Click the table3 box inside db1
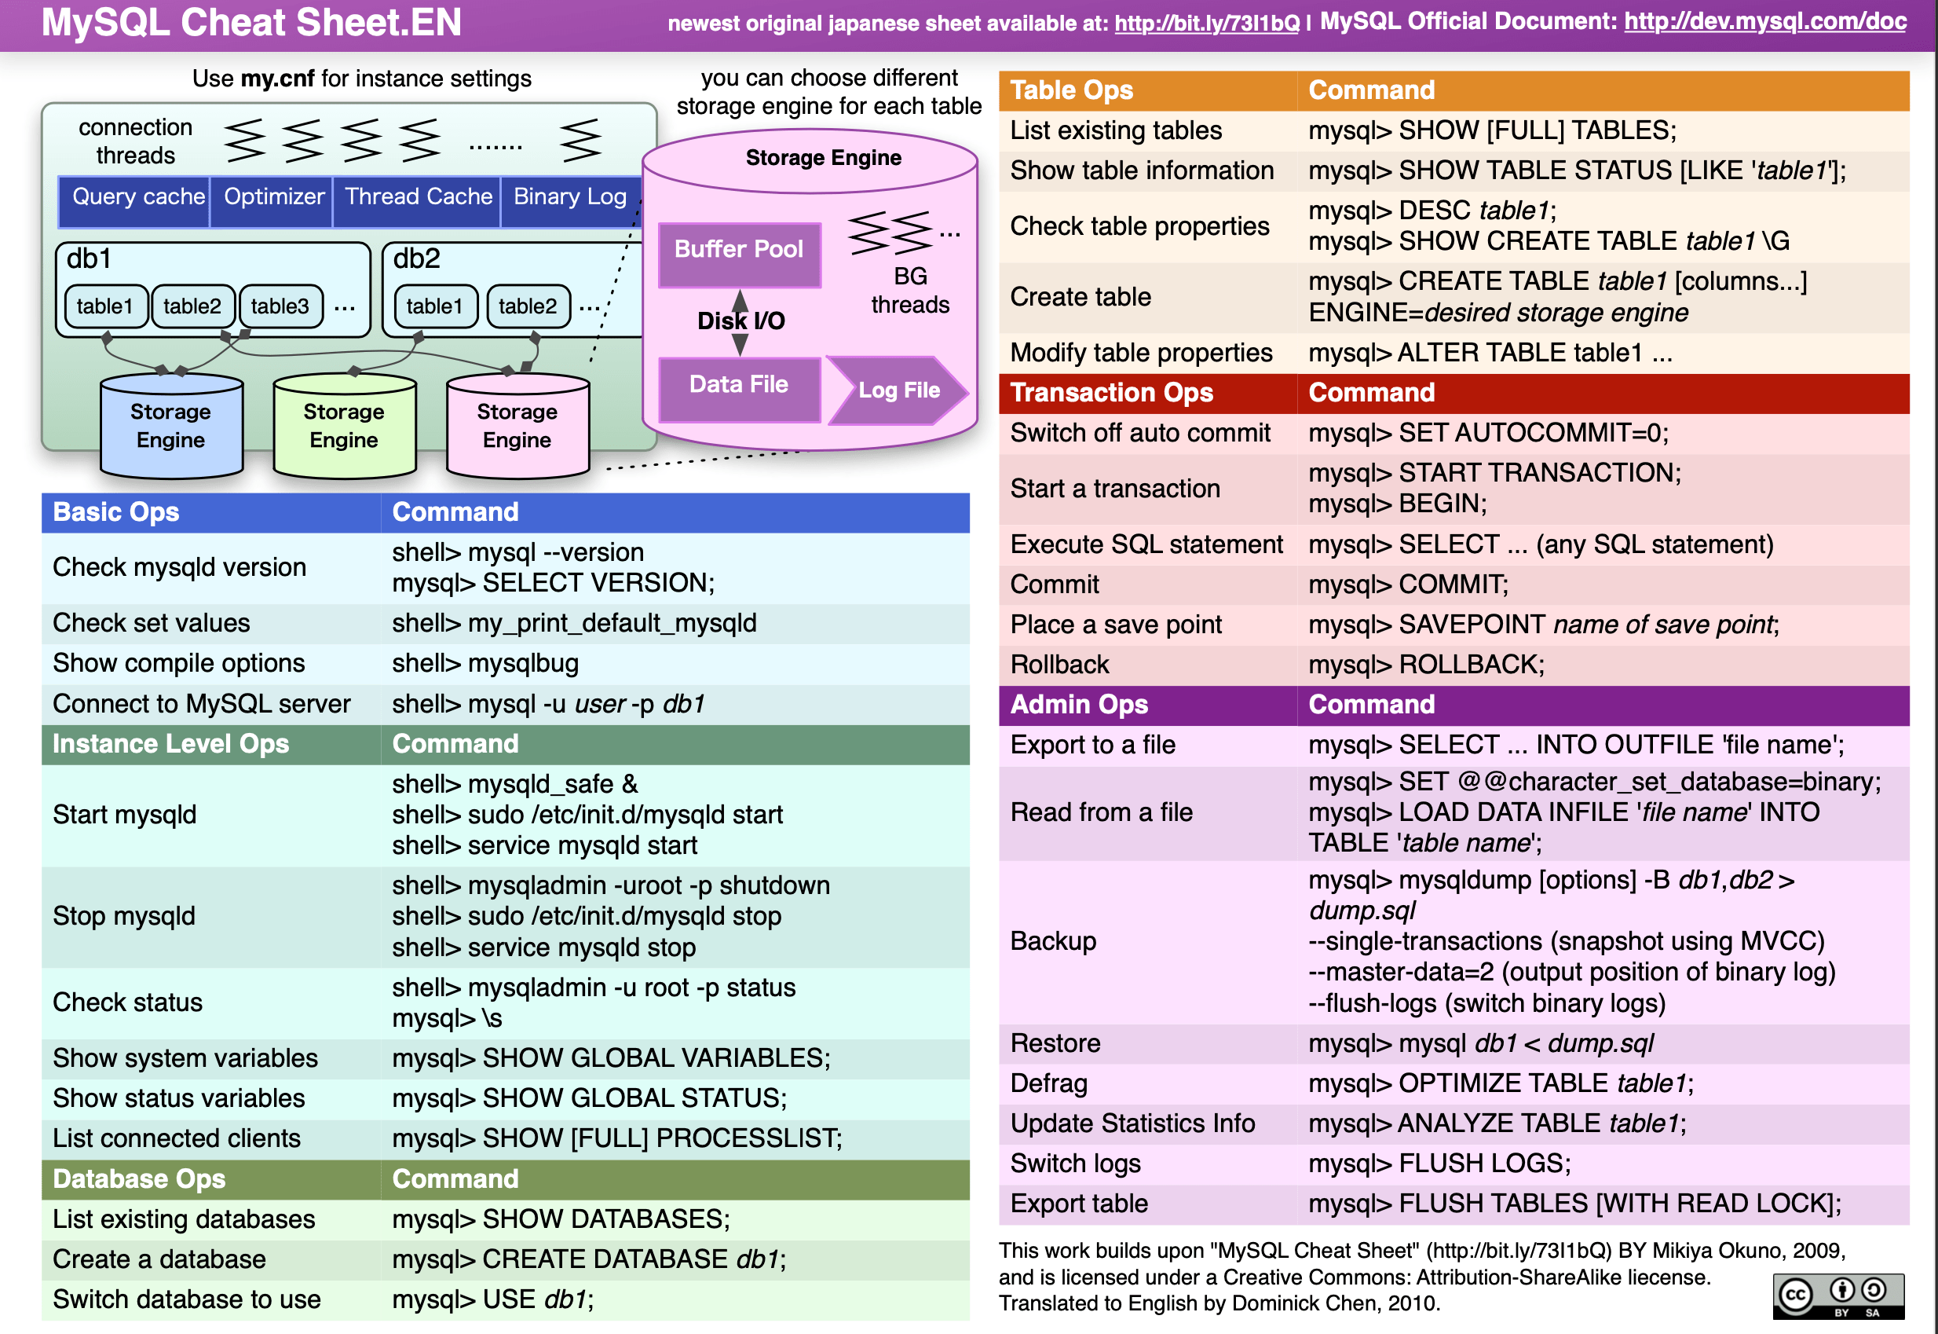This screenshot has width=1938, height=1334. point(280,306)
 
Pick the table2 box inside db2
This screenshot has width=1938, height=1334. point(528,306)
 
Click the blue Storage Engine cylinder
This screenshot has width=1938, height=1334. point(171,427)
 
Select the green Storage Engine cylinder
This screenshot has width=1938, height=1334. point(344,427)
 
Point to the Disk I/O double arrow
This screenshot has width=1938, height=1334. point(740,322)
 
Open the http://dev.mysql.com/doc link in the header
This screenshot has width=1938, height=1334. point(1764,22)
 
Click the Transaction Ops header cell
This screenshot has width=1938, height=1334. point(1111,393)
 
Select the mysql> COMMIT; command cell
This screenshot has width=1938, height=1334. point(1409,585)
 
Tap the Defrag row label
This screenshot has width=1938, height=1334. point(1049,1083)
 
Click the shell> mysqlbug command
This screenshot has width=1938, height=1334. point(485,664)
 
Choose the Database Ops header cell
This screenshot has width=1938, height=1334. point(139,1179)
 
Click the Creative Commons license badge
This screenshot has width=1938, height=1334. point(1837,1296)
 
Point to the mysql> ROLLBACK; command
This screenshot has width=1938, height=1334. point(1426,665)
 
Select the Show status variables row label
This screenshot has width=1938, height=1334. point(179,1098)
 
